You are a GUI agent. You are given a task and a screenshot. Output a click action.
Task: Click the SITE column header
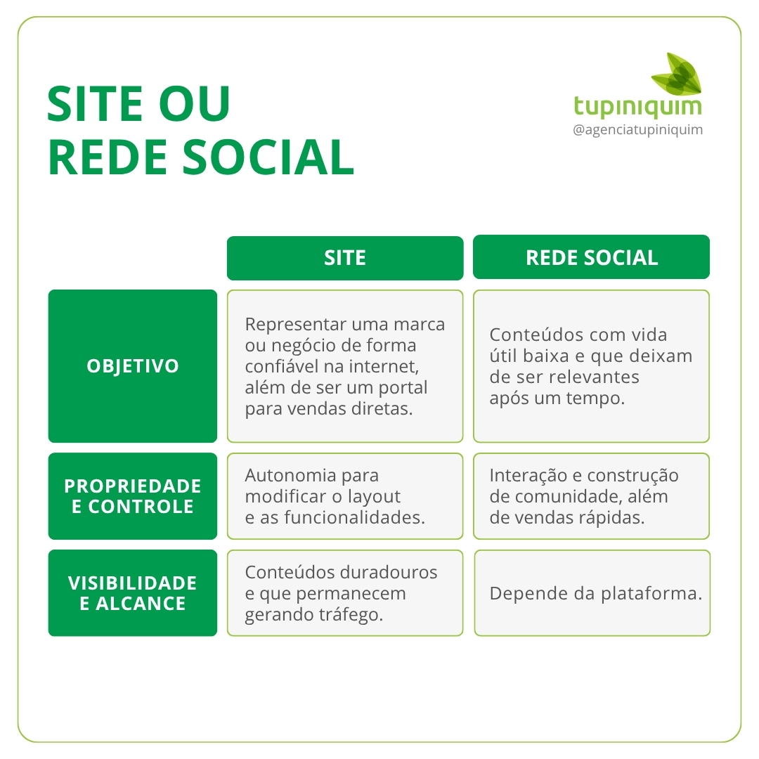(x=344, y=258)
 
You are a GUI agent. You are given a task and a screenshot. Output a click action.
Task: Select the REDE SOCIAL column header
(x=591, y=257)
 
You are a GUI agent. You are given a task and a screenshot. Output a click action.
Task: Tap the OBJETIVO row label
(x=133, y=366)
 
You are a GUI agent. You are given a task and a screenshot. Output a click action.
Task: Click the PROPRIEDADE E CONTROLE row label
(x=133, y=496)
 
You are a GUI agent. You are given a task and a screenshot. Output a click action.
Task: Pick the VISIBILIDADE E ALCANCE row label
(x=133, y=593)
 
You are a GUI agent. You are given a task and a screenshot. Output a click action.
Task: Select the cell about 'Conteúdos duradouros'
(x=344, y=593)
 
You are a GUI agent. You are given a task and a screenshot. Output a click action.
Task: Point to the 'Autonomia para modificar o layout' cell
(x=344, y=496)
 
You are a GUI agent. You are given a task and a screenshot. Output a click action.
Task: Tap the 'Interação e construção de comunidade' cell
(x=592, y=496)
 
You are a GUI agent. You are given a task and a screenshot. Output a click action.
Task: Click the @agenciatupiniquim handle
(x=638, y=130)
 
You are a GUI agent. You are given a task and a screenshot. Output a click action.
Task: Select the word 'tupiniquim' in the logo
(x=637, y=107)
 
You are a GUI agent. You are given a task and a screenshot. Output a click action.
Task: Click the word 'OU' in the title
(x=195, y=104)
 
